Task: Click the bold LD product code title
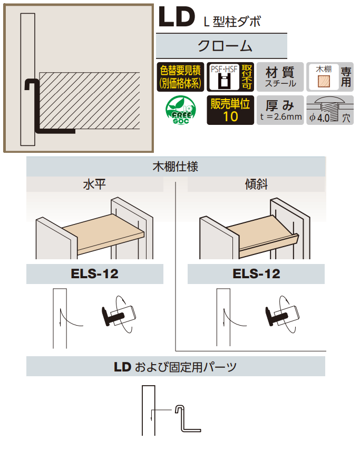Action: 177,17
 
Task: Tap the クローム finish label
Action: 221,46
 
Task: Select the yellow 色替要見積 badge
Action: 181,76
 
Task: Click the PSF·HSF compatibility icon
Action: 224,76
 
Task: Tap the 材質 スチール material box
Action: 280,76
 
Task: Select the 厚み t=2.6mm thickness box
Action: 280,110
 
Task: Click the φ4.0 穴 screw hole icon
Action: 329,110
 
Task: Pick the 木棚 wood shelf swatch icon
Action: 322,77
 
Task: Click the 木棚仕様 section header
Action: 176,168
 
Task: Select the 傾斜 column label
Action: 256,184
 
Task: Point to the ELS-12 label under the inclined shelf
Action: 256,274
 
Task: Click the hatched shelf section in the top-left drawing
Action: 90,100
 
